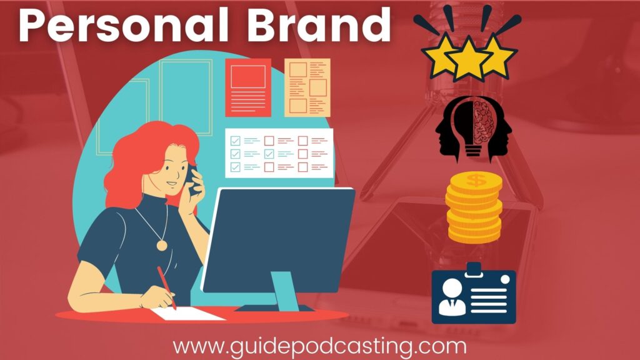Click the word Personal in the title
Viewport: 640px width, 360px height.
pyautogui.click(x=123, y=24)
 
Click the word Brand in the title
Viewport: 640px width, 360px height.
pyautogui.click(x=318, y=24)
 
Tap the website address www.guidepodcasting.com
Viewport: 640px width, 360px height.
pyautogui.click(x=319, y=347)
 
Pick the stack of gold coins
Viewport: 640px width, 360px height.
pyautogui.click(x=474, y=207)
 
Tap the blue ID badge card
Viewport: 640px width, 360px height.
pyautogui.click(x=474, y=295)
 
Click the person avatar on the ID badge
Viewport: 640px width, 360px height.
pyautogui.click(x=452, y=297)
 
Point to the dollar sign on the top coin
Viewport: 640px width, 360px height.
pyautogui.click(x=476, y=180)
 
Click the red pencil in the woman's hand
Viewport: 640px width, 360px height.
pyautogui.click(x=167, y=288)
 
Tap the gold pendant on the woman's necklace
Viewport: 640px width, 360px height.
pyautogui.click(x=162, y=245)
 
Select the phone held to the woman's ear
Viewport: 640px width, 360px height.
pyautogui.click(x=191, y=179)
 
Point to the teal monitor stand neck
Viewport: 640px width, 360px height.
pyautogui.click(x=285, y=291)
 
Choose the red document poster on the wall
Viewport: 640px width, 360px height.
pyautogui.click(x=248, y=87)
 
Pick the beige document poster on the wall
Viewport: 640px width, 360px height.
pyautogui.click(x=307, y=87)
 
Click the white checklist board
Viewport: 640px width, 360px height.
pyautogui.click(x=279, y=154)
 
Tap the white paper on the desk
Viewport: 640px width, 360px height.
pyautogui.click(x=187, y=314)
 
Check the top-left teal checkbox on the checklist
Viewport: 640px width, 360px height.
pyautogui.click(x=236, y=141)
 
